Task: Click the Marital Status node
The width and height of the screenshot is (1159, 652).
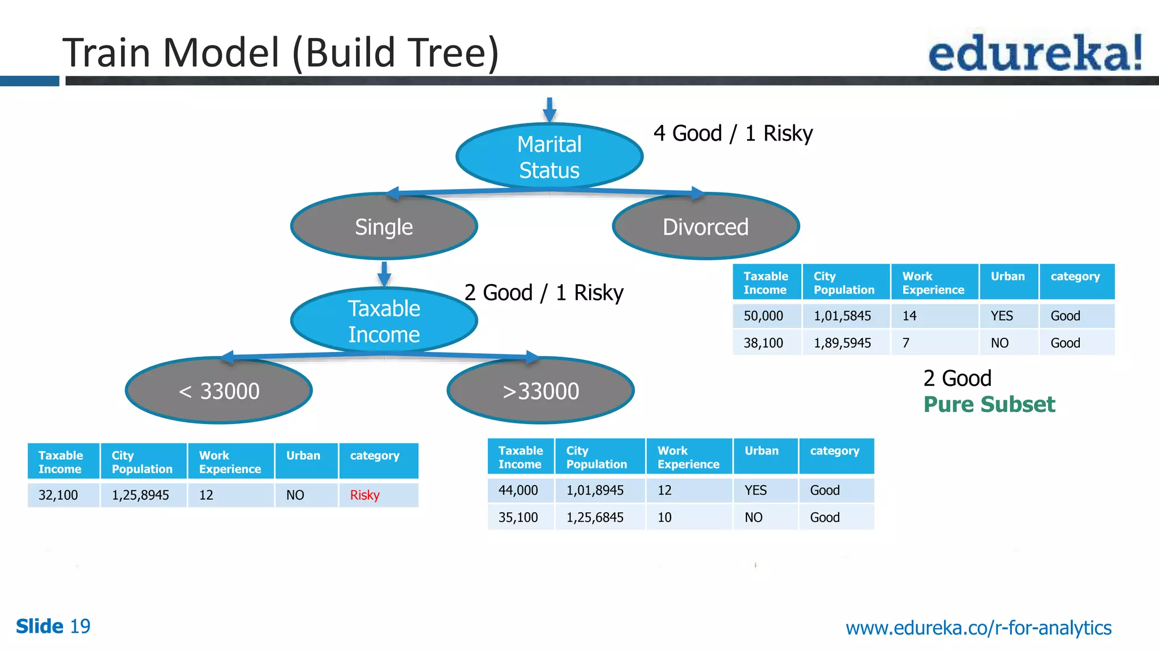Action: click(549, 157)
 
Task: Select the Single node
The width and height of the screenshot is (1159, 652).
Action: click(384, 227)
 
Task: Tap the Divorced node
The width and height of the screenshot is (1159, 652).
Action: click(705, 227)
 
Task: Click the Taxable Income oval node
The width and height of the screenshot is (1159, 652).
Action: click(384, 321)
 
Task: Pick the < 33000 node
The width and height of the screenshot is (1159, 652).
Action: click(219, 391)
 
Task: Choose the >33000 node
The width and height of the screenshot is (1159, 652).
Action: click(540, 391)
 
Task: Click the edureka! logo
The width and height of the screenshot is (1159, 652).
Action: click(1035, 52)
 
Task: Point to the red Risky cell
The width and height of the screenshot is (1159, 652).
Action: click(365, 495)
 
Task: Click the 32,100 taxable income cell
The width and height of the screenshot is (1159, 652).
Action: click(58, 495)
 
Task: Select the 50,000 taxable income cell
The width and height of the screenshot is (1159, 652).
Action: click(763, 316)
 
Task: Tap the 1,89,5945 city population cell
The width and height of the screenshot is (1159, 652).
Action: click(842, 343)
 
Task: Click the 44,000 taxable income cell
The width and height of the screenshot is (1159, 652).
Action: click(518, 490)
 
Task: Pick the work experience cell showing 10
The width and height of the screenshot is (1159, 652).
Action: click(665, 517)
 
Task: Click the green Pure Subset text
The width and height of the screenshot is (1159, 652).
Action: click(989, 405)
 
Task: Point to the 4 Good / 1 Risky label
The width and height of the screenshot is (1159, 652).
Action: click(733, 134)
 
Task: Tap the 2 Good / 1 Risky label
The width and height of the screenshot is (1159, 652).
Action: click(543, 293)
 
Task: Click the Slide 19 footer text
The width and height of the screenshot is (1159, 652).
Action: click(53, 626)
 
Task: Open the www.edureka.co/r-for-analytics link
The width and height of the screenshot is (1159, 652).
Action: click(978, 628)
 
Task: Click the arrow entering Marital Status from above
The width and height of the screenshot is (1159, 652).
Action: click(549, 109)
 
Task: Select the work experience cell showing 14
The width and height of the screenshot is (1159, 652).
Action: click(909, 316)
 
